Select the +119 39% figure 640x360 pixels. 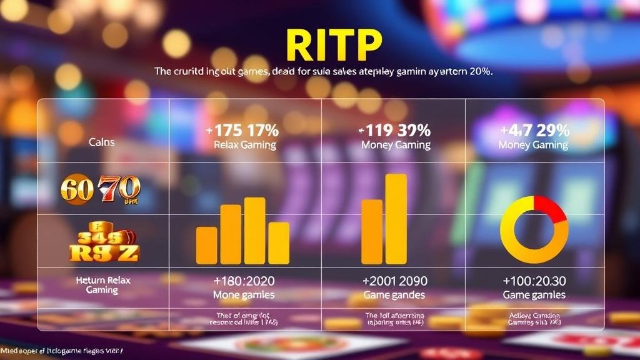[x=395, y=131]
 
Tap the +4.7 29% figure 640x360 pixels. [x=535, y=131]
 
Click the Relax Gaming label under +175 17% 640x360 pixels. [x=244, y=145]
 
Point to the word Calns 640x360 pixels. [x=102, y=142]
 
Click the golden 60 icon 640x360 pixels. [x=76, y=187]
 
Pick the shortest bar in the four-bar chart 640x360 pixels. [x=206, y=245]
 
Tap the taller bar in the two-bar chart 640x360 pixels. [x=396, y=218]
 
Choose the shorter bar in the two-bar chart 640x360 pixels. [x=372, y=231]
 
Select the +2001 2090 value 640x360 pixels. [x=394, y=281]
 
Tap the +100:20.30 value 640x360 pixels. [x=534, y=281]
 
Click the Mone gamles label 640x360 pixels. [x=244, y=294]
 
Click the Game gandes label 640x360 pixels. [x=394, y=294]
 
